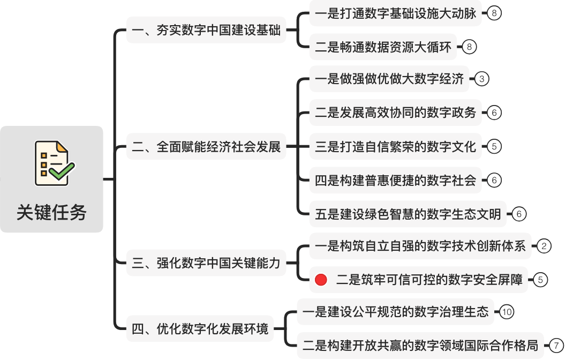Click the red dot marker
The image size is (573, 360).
321,280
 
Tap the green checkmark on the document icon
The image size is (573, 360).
62,171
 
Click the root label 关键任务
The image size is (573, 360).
51,212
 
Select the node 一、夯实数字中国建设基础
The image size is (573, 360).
206,30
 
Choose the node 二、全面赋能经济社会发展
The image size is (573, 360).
206,147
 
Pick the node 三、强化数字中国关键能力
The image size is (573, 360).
206,263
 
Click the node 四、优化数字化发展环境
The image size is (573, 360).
200,328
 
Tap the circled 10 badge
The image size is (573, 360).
507,312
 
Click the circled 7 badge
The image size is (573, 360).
556,346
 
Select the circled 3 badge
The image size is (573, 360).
481,79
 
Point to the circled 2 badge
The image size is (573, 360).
544,246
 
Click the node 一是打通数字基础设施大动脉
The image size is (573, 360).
395,13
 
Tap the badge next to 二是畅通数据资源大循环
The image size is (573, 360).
469,47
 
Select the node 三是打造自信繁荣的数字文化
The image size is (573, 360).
395,147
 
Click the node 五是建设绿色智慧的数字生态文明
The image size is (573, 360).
408,214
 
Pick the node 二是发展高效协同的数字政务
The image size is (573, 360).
395,112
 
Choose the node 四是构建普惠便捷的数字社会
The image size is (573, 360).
395,180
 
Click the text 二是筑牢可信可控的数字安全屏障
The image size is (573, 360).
429,280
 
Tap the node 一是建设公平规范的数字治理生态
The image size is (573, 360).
395,312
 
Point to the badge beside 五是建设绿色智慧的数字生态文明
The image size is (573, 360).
519,214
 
